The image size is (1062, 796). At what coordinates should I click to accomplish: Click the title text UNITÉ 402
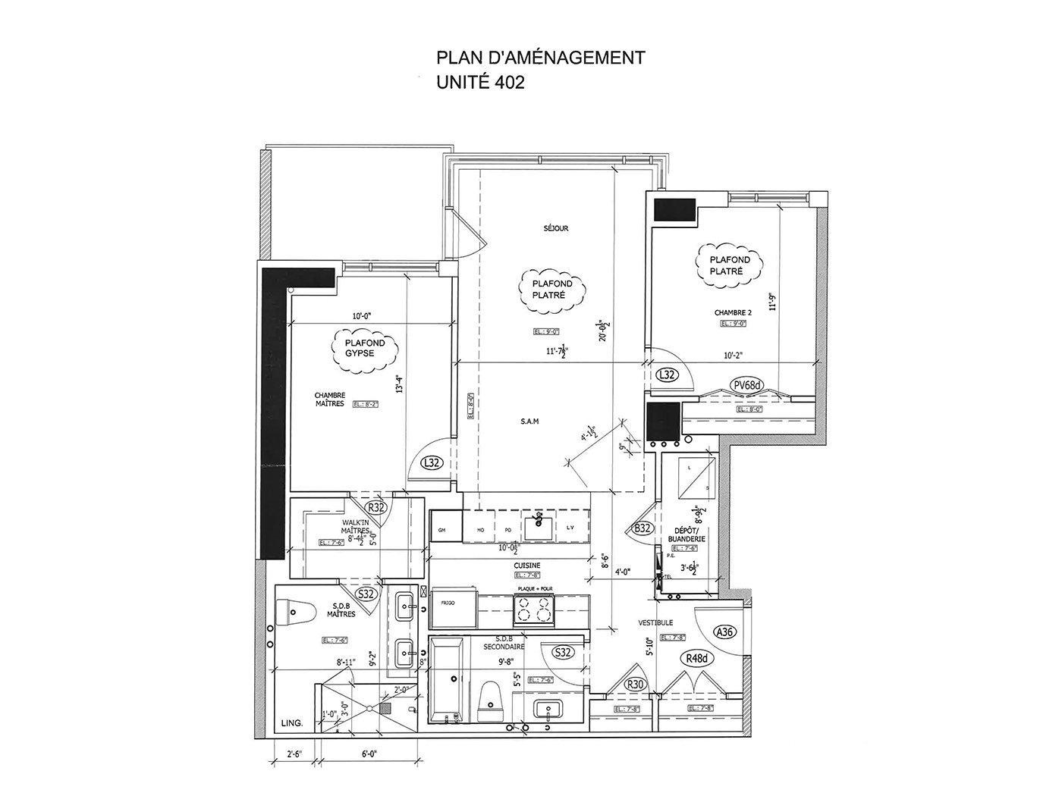point(480,83)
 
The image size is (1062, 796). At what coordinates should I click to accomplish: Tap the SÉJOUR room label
point(555,228)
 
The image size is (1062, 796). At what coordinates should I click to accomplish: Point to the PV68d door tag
point(747,385)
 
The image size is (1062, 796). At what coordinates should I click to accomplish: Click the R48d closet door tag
point(696,658)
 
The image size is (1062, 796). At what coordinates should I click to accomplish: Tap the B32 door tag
point(644,528)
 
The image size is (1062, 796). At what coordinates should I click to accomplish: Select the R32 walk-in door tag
point(377,507)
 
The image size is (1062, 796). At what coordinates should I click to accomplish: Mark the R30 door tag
point(635,684)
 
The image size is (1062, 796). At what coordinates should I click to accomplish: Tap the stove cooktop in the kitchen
point(535,609)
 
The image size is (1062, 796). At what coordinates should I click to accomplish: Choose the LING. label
point(291,723)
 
